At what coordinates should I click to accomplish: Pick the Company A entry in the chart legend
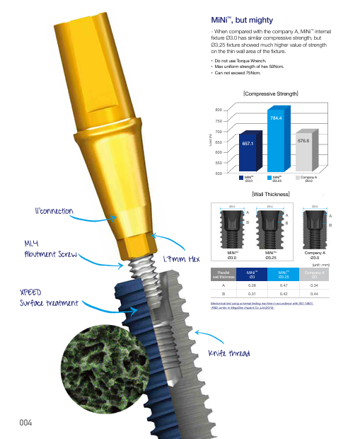(x=308, y=180)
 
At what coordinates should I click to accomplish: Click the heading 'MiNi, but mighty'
(x=240, y=16)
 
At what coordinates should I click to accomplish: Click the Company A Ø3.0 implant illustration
(x=314, y=226)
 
